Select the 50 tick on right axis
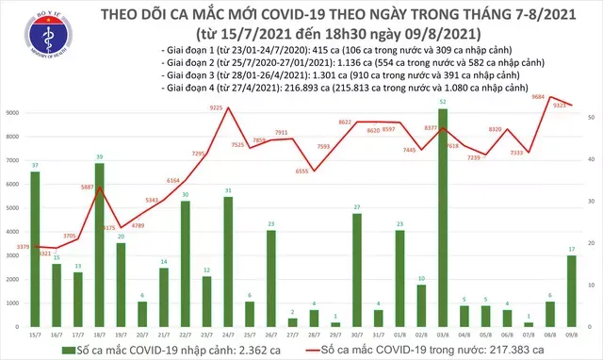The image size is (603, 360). (590, 117)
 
